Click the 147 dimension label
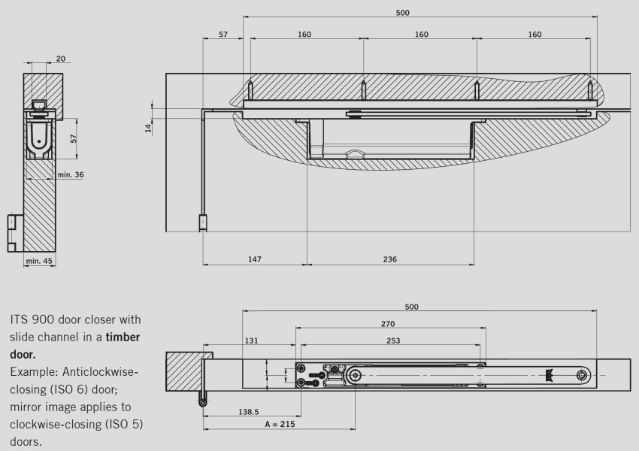[254, 259]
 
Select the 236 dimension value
[389, 259]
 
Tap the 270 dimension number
[388, 324]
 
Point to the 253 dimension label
[393, 341]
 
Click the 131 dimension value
[251, 341]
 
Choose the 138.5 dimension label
[249, 412]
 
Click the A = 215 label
[280, 424]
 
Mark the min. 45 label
[39, 261]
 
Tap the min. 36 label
[71, 175]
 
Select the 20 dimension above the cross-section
[60, 59]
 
